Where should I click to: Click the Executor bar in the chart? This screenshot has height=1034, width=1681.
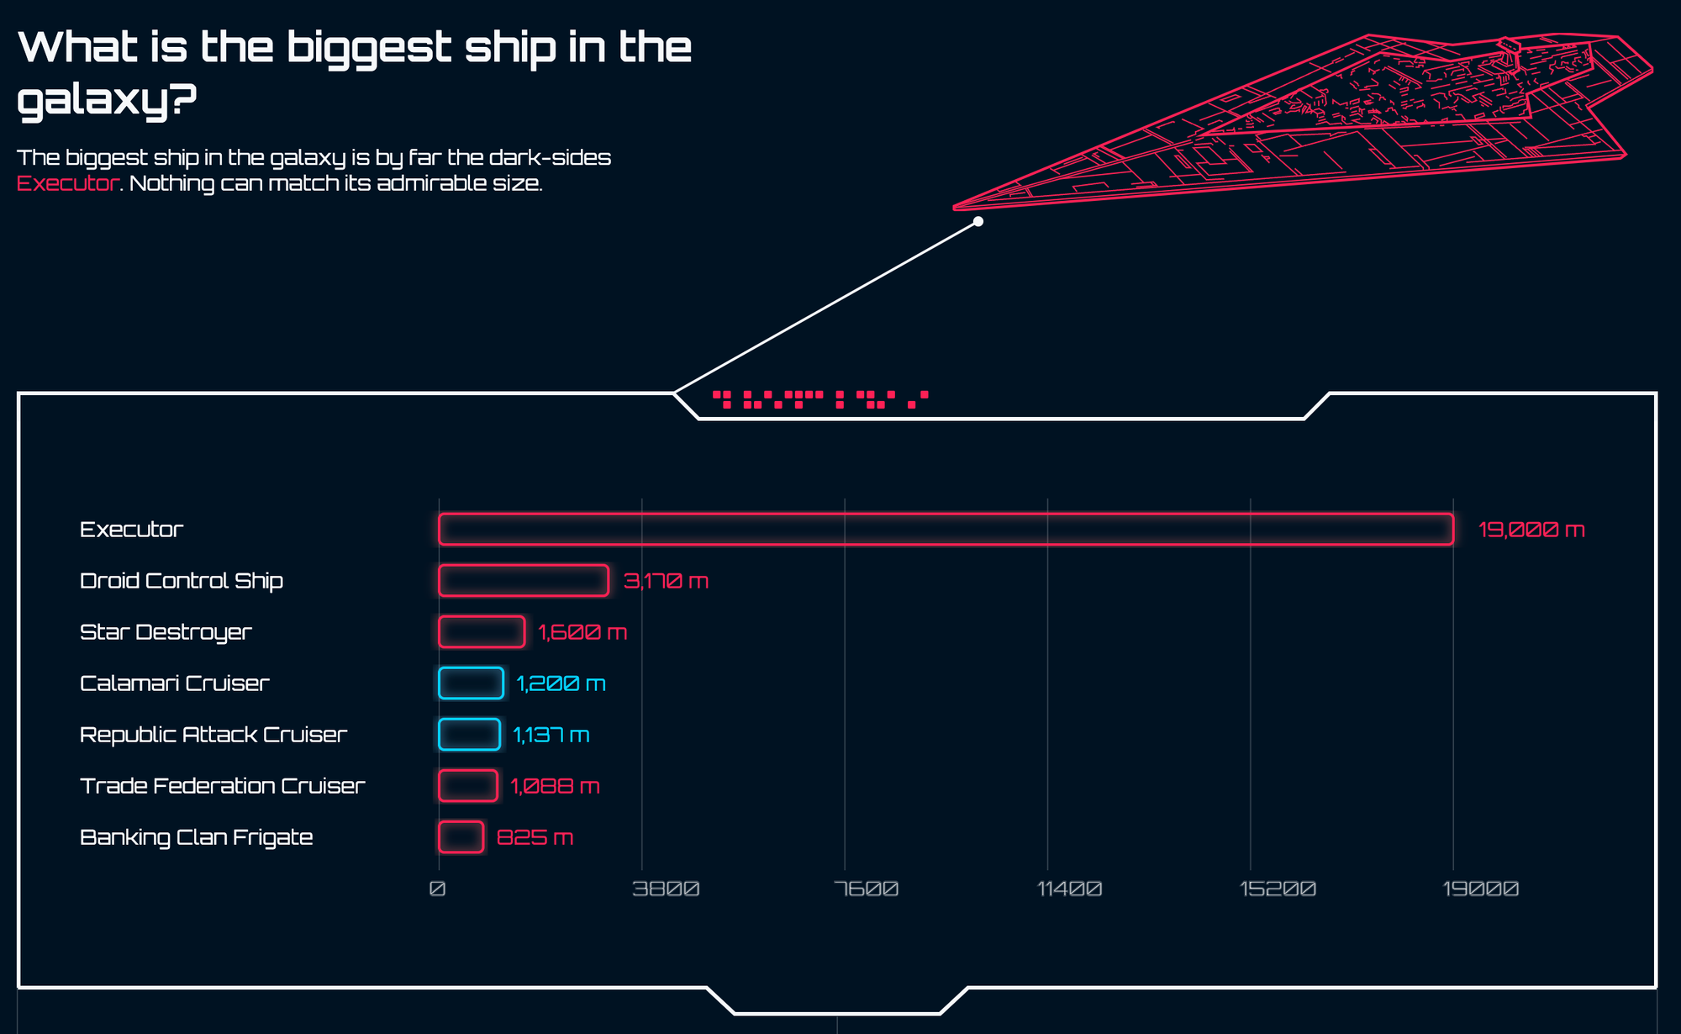click(946, 530)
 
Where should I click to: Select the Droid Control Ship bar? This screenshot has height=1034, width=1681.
click(524, 581)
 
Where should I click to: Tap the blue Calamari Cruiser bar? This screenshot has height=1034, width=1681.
click(471, 683)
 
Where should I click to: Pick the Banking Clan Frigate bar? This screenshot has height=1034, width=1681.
click(461, 837)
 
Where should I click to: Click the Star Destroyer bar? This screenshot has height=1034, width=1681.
click(482, 632)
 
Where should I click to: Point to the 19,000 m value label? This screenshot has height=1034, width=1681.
click(1531, 530)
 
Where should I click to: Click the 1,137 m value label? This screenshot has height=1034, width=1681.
click(551, 736)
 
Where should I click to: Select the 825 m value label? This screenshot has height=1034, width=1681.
click(535, 838)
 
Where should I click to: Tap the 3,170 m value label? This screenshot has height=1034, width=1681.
click(667, 581)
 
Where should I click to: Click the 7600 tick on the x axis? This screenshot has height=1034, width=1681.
click(867, 889)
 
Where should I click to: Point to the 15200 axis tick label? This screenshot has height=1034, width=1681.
click(1278, 889)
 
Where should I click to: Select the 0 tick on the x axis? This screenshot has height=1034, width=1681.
click(437, 889)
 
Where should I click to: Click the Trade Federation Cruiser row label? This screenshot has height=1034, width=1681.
click(223, 786)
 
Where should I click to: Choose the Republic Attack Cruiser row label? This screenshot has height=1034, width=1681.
click(213, 735)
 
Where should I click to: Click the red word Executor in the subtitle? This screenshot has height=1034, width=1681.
click(67, 183)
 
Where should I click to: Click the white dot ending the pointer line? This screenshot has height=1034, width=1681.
click(978, 222)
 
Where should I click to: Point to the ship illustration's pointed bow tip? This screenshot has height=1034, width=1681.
click(956, 206)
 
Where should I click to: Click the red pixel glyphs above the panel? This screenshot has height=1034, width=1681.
click(819, 399)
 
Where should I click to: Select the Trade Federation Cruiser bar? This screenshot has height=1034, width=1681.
click(468, 786)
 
